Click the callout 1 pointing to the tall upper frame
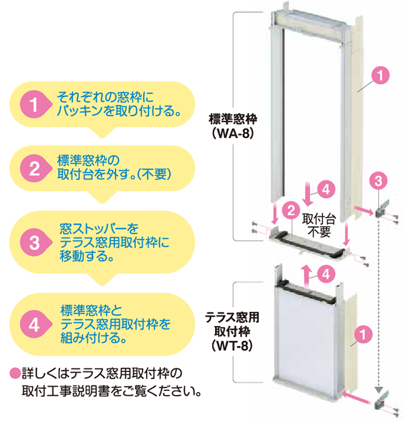(380, 76)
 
